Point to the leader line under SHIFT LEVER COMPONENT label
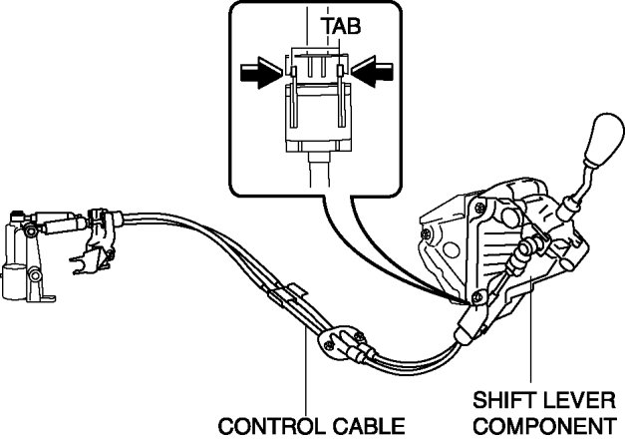[x=530, y=339]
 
